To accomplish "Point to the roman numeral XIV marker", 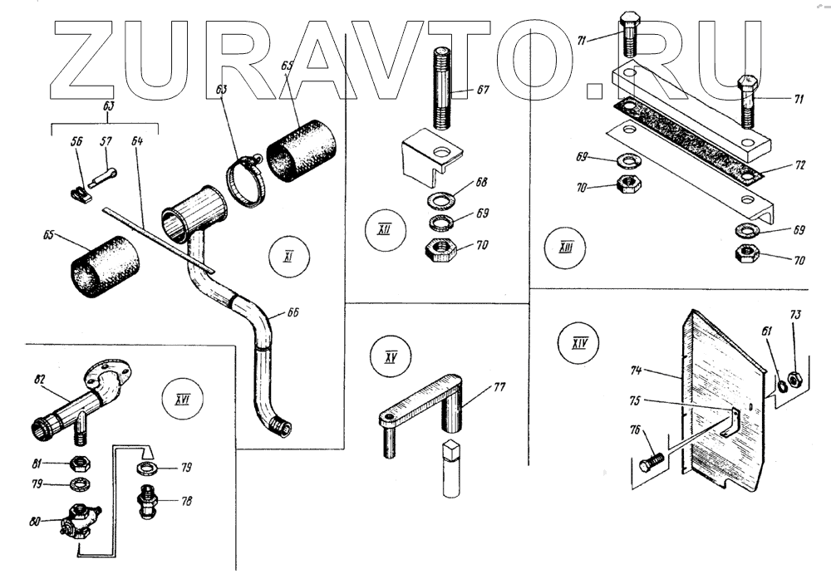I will (x=581, y=343).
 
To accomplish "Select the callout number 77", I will (x=499, y=385).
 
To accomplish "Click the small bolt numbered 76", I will (x=651, y=461).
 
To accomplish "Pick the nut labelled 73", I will (x=792, y=379).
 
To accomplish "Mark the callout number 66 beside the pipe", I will (x=293, y=313).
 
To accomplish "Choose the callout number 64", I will (x=137, y=141).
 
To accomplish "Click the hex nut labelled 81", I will (x=77, y=465).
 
